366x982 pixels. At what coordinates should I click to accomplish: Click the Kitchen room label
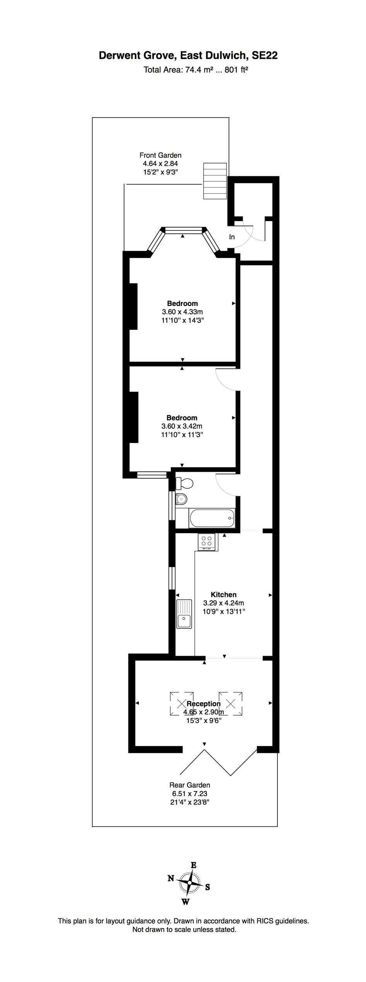click(223, 595)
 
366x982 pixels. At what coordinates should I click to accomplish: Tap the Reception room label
click(204, 704)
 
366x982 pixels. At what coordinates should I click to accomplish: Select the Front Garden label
click(160, 155)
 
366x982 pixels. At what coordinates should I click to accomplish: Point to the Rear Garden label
click(190, 785)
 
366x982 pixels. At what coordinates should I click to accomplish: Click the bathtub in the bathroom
click(212, 518)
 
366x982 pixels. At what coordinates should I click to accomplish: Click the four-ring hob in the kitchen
click(207, 541)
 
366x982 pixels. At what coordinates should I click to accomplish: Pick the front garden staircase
click(215, 181)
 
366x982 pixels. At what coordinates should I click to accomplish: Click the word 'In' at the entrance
click(232, 237)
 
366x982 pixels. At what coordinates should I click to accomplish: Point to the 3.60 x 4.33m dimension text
click(183, 312)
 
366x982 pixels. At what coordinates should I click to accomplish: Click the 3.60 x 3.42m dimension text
click(182, 426)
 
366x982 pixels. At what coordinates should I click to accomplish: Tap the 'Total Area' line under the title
click(196, 70)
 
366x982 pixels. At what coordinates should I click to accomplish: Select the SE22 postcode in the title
click(264, 56)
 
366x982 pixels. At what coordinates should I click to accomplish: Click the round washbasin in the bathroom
click(181, 499)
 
